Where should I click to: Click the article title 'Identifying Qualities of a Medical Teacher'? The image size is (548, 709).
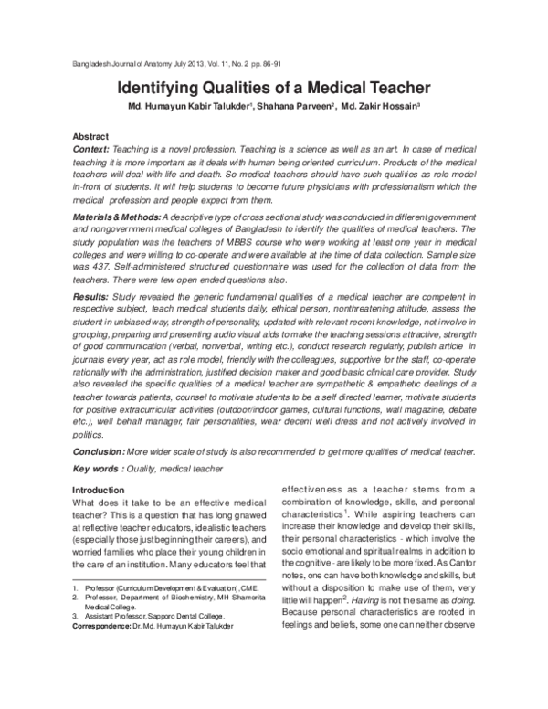point(273,90)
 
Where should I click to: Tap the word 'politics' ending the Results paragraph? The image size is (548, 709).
point(88,436)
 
